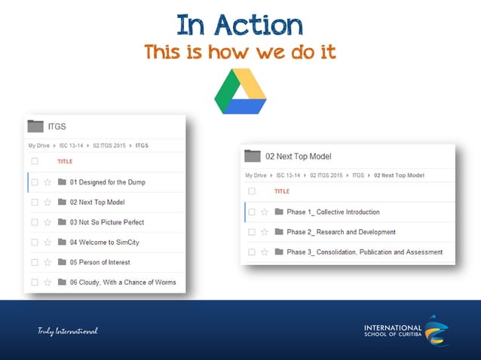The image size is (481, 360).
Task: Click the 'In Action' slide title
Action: pos(240,25)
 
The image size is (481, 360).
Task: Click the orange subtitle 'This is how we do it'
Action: pos(240,52)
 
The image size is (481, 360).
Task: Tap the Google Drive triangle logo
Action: pos(240,91)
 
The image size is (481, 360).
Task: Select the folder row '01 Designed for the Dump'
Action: pos(107,182)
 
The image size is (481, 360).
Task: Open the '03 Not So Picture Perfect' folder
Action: pos(106,222)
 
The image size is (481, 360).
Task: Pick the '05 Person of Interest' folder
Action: pos(100,262)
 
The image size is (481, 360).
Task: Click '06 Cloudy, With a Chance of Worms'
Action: pos(122,282)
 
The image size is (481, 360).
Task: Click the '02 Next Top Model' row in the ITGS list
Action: pos(97,202)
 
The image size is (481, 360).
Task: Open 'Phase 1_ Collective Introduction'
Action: pos(332,212)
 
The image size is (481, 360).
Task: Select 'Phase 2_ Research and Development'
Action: pos(341,232)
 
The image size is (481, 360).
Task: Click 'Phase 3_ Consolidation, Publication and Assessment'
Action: pos(364,252)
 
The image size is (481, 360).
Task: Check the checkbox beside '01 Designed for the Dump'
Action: pos(35,182)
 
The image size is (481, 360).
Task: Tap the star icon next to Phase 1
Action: pos(264,212)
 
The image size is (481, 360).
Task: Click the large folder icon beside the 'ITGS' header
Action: pos(35,126)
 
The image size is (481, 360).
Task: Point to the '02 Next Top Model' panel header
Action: pos(298,156)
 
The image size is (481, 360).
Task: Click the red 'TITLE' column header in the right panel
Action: pos(282,191)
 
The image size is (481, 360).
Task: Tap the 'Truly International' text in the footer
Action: pos(69,331)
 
